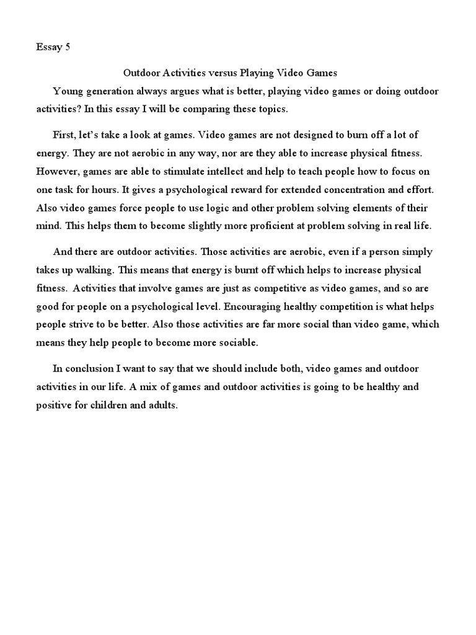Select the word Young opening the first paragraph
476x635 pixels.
[65, 91]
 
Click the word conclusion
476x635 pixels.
[89, 369]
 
